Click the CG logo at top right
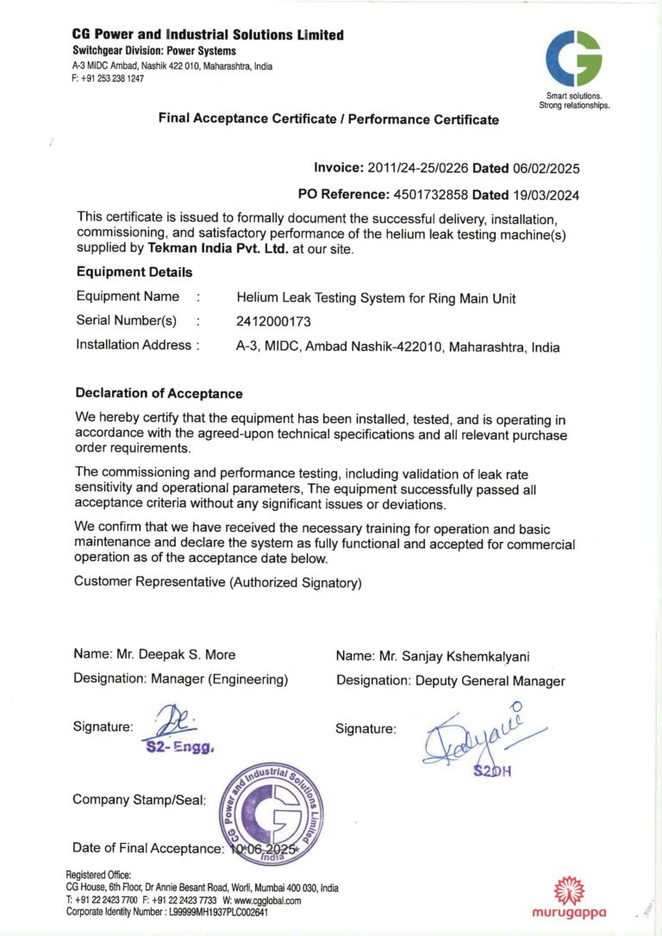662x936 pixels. pos(573,58)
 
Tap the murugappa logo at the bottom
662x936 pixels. pos(568,898)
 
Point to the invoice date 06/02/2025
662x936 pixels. pos(546,167)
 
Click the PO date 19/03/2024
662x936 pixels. pos(546,195)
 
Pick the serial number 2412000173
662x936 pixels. pos(273,321)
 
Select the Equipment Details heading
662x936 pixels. pos(134,272)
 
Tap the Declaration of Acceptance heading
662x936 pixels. pos(159,394)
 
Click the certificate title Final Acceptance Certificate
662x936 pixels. pos(328,119)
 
